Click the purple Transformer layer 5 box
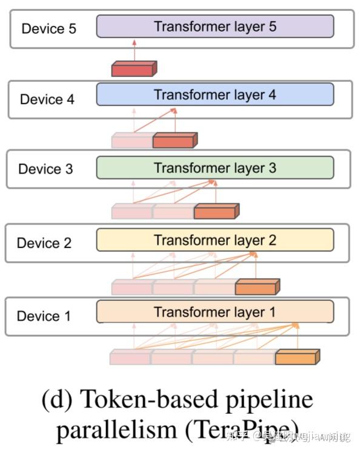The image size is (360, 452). [215, 27]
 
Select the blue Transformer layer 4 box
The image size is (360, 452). [215, 95]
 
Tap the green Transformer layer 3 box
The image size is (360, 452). [215, 168]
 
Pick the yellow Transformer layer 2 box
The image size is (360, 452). [215, 240]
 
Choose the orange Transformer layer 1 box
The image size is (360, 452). [215, 312]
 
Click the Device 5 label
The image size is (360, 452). [48, 29]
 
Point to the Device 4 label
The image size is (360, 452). [47, 100]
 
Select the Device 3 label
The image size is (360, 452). [45, 169]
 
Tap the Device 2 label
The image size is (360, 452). [44, 243]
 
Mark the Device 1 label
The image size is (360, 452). [44, 316]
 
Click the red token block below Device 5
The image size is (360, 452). [133, 70]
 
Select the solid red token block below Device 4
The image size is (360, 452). [174, 141]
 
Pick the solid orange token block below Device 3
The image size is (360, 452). [216, 212]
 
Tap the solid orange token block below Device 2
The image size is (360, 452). [256, 288]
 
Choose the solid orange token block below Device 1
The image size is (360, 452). [296, 357]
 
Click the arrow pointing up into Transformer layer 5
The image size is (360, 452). [135, 50]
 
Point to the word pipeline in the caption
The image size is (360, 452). [276, 400]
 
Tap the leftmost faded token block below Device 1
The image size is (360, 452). [130, 358]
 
